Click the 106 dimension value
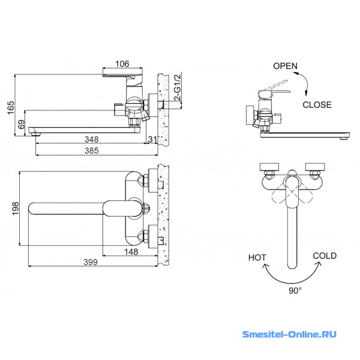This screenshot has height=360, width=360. pyautogui.click(x=122, y=64)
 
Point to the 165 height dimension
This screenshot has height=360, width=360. pyautogui.click(x=11, y=107)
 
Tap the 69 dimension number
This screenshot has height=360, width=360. pyautogui.click(x=21, y=124)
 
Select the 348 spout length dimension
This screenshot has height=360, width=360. pyautogui.click(x=92, y=139)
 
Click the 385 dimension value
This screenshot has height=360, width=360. pyautogui.click(x=92, y=151)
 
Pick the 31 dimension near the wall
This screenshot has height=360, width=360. pyautogui.click(x=152, y=139)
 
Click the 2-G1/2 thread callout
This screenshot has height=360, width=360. pyautogui.click(x=178, y=88)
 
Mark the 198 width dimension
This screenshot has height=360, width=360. pyautogui.click(x=16, y=208)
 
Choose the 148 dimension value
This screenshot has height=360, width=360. pyautogui.click(x=131, y=252)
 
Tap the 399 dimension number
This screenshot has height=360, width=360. pyautogui.click(x=91, y=262)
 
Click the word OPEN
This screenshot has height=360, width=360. pyautogui.click(x=285, y=66)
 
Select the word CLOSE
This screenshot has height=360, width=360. pyautogui.click(x=317, y=104)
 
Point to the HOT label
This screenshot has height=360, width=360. pyautogui.click(x=257, y=257)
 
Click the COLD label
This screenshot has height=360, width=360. pyautogui.click(x=325, y=256)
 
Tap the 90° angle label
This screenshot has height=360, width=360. pyautogui.click(x=295, y=290)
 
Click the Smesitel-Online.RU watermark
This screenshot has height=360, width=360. pyautogui.click(x=289, y=334)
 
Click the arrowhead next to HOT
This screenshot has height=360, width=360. pyautogui.click(x=266, y=266)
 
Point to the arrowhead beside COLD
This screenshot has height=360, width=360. pyautogui.click(x=319, y=265)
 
